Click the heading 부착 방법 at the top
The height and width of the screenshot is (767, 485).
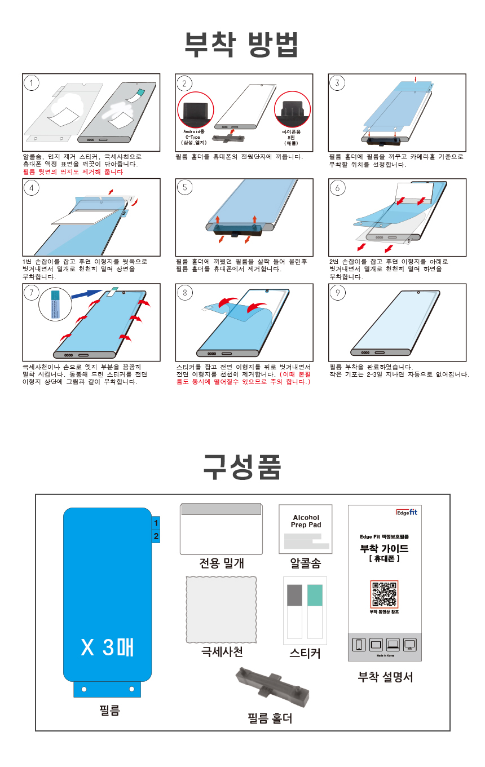click(242, 45)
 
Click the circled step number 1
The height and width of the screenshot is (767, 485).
click(32, 83)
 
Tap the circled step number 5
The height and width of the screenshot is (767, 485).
click(184, 188)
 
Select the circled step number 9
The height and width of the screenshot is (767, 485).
click(337, 292)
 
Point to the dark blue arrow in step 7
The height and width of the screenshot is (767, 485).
click(89, 292)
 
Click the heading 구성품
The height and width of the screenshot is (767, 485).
click(242, 466)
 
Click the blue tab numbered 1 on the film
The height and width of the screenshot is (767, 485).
click(156, 523)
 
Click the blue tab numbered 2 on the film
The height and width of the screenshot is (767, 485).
click(156, 536)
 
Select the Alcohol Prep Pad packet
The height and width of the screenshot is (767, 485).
click(306, 529)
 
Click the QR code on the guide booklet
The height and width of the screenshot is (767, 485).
click(384, 594)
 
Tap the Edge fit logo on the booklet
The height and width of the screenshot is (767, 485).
click(406, 513)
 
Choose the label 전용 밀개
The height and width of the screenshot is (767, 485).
click(222, 563)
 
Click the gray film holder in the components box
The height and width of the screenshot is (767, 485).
click(272, 688)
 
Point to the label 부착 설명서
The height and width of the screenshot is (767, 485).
click(385, 677)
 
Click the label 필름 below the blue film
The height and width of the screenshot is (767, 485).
click(107, 711)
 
